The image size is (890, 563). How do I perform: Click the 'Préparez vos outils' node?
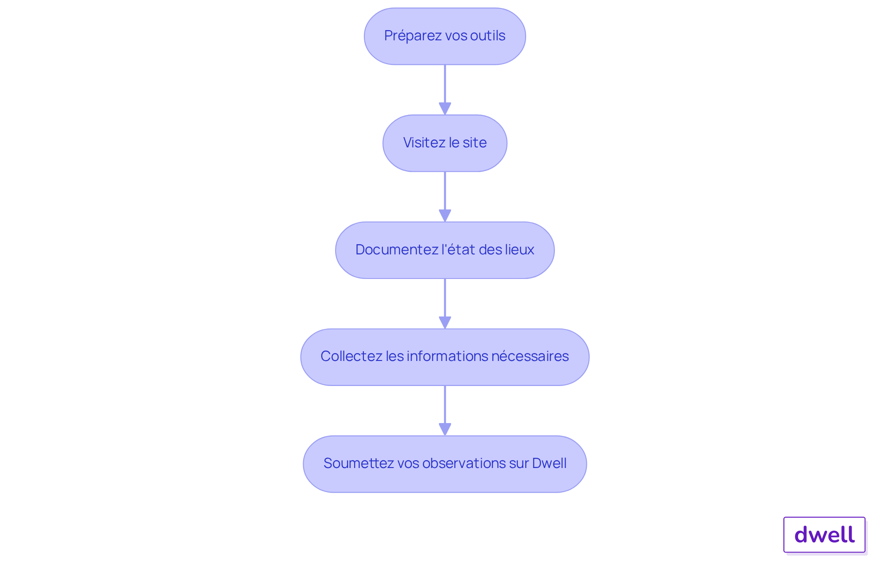click(445, 36)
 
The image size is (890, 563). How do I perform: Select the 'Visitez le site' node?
click(445, 143)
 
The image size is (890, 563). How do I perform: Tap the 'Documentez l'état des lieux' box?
click(445, 250)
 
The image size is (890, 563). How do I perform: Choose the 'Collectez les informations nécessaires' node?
click(445, 357)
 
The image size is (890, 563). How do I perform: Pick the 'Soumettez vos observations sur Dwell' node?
click(445, 464)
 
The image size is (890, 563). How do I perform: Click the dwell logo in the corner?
click(824, 535)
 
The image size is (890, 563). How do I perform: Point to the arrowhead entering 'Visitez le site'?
click(445, 109)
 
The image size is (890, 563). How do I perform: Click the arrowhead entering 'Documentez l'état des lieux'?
click(445, 216)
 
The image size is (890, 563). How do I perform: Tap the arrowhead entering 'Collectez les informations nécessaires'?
click(445, 323)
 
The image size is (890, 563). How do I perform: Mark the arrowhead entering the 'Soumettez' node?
click(445, 430)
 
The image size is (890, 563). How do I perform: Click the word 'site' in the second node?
click(475, 143)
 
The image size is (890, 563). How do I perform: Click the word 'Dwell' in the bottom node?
click(549, 463)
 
